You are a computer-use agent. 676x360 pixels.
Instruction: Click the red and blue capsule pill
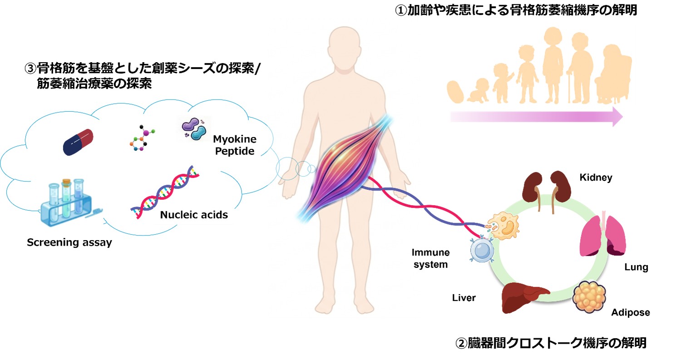click(78, 142)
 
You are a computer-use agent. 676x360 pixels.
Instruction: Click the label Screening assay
click(69, 242)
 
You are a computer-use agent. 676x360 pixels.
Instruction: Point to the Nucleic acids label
click(194, 215)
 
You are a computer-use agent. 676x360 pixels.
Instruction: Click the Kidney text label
click(596, 178)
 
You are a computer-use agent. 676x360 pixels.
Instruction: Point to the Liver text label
click(464, 298)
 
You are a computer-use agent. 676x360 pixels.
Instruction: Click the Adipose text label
click(630, 312)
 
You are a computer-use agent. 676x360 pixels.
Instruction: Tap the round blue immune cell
click(480, 250)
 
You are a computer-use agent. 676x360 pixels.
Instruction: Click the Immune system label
click(429, 258)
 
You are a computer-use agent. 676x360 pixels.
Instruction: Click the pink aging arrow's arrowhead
click(616, 117)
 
